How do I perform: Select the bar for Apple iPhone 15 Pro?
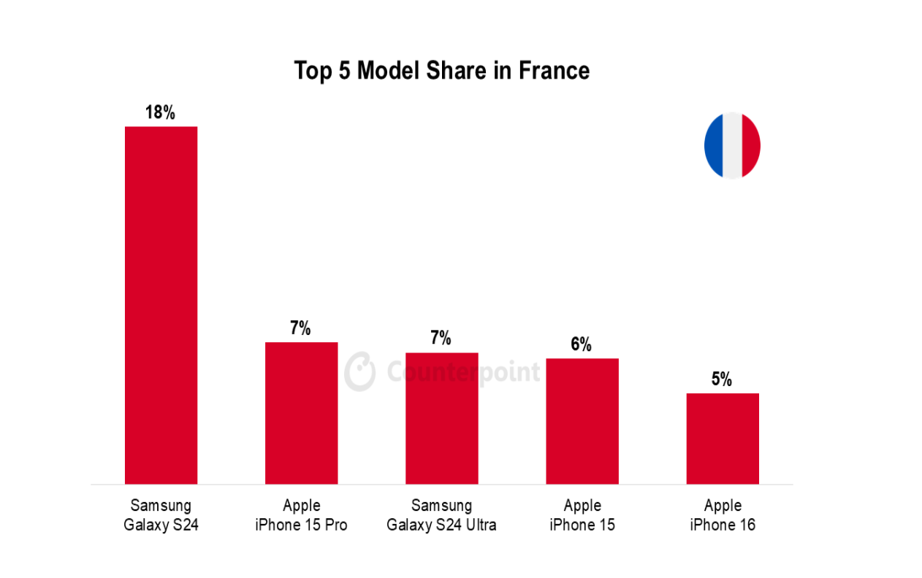tap(301, 412)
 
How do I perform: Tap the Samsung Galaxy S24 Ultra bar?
tap(441, 418)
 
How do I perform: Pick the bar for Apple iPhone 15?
tap(582, 421)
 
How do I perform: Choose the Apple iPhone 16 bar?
tap(722, 438)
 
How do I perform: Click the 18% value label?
tap(161, 112)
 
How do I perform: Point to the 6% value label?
tap(582, 344)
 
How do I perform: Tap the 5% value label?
tap(722, 379)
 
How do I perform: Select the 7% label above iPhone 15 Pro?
tap(300, 328)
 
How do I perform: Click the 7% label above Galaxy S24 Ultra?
tap(441, 339)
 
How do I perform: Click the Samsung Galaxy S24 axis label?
tap(161, 515)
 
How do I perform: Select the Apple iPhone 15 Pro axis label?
tap(301, 515)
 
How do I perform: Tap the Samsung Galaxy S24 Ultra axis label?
tap(441, 515)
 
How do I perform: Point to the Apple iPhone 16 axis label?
tap(722, 515)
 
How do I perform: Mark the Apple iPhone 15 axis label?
tap(582, 515)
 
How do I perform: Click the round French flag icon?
tap(732, 145)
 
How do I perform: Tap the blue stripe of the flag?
tap(713, 145)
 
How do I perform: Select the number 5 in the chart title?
tap(345, 71)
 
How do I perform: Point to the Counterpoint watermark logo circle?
tap(360, 371)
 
